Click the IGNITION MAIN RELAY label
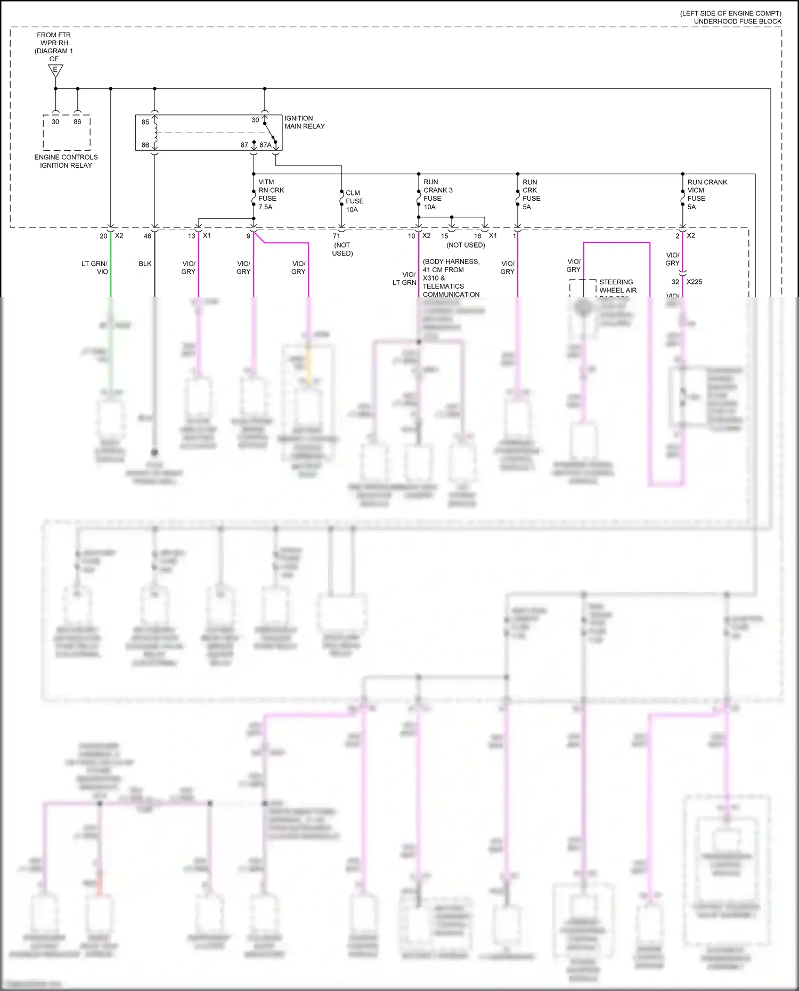coord(304,122)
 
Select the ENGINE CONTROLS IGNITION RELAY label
coord(66,161)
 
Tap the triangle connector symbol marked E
coord(55,70)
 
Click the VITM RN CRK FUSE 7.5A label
coord(271,194)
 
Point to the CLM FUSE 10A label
coord(354,201)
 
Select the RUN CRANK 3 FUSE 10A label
coord(437,194)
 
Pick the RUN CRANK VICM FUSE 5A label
coord(706,194)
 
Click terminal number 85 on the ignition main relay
coord(145,122)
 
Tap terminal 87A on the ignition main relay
coord(265,145)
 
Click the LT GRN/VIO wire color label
coord(95,267)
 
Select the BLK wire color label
coord(145,264)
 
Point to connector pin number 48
coord(148,236)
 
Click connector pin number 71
coord(336,236)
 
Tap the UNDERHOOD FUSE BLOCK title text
coord(737,21)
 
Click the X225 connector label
coord(694,282)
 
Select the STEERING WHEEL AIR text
coord(617,286)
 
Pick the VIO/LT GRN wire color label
coord(405,279)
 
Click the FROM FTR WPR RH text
coord(54,39)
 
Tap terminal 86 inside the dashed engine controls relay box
coord(78,122)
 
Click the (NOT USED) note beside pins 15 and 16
coord(466,245)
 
